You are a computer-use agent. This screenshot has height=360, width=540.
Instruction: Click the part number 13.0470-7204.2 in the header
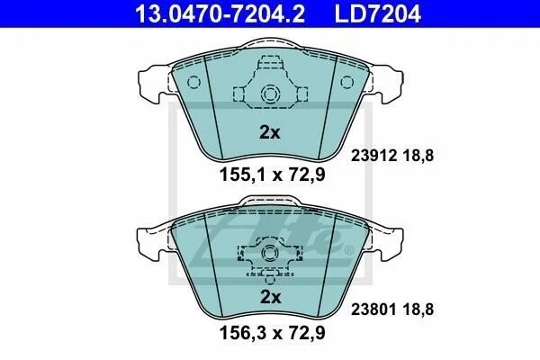220,13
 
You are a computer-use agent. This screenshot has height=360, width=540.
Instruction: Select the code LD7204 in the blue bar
378,13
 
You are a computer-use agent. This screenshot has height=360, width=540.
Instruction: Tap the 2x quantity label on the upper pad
270,132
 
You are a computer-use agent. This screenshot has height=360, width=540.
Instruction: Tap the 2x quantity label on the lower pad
270,297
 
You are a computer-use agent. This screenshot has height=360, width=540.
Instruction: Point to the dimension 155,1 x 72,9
272,175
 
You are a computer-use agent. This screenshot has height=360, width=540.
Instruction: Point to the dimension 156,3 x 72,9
272,333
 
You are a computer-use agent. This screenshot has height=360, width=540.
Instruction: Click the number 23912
373,156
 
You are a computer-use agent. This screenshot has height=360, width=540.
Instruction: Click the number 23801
373,310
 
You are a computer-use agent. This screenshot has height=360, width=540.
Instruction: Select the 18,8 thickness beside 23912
418,156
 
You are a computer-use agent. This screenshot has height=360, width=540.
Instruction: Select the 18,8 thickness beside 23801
418,310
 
